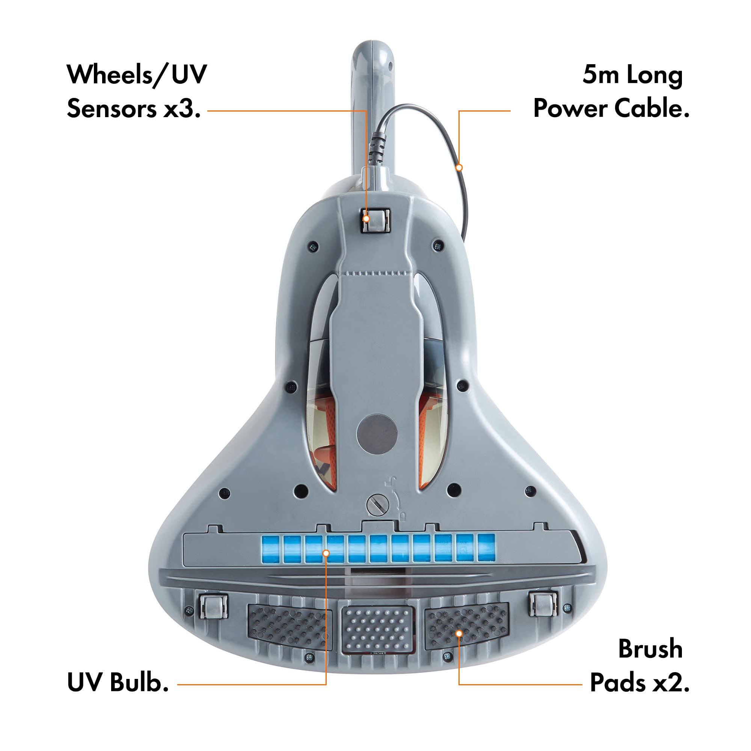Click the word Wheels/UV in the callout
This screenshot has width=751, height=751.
(x=137, y=75)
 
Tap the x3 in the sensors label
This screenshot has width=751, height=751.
(x=182, y=109)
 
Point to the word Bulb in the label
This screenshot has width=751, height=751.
(x=139, y=693)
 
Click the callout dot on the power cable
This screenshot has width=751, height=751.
(x=459, y=167)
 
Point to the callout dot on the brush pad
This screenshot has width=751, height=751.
(x=459, y=633)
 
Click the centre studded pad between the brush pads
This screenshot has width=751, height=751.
(x=376, y=629)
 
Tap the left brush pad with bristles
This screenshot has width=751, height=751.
(x=290, y=626)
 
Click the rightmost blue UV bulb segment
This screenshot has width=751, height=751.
(x=486, y=548)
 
